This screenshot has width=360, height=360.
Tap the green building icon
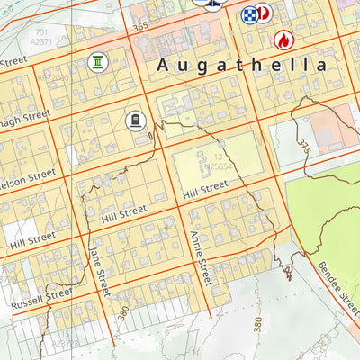click(x=96, y=61)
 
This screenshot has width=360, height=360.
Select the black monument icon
click(x=135, y=120)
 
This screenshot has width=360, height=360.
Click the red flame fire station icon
click(x=283, y=40)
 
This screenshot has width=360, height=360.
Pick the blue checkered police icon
click(x=248, y=13)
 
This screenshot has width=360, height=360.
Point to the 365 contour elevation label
click(x=139, y=28)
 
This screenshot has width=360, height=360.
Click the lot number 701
click(x=40, y=31)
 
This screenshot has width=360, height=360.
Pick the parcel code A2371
click(x=40, y=41)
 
